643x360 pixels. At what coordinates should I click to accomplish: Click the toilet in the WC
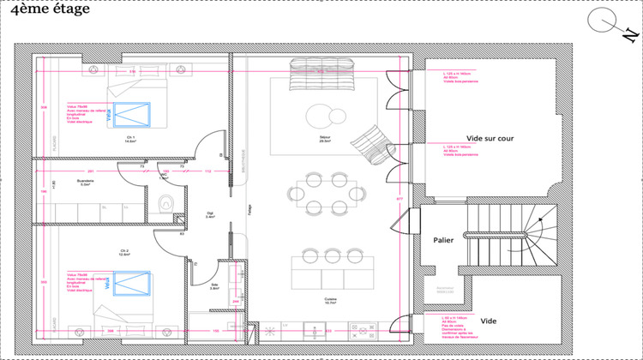[x=166, y=204]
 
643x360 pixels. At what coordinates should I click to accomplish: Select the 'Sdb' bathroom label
[x=213, y=286]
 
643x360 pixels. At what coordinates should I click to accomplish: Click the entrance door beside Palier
[x=401, y=227]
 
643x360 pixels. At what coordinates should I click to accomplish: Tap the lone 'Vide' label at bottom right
[x=488, y=321]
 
